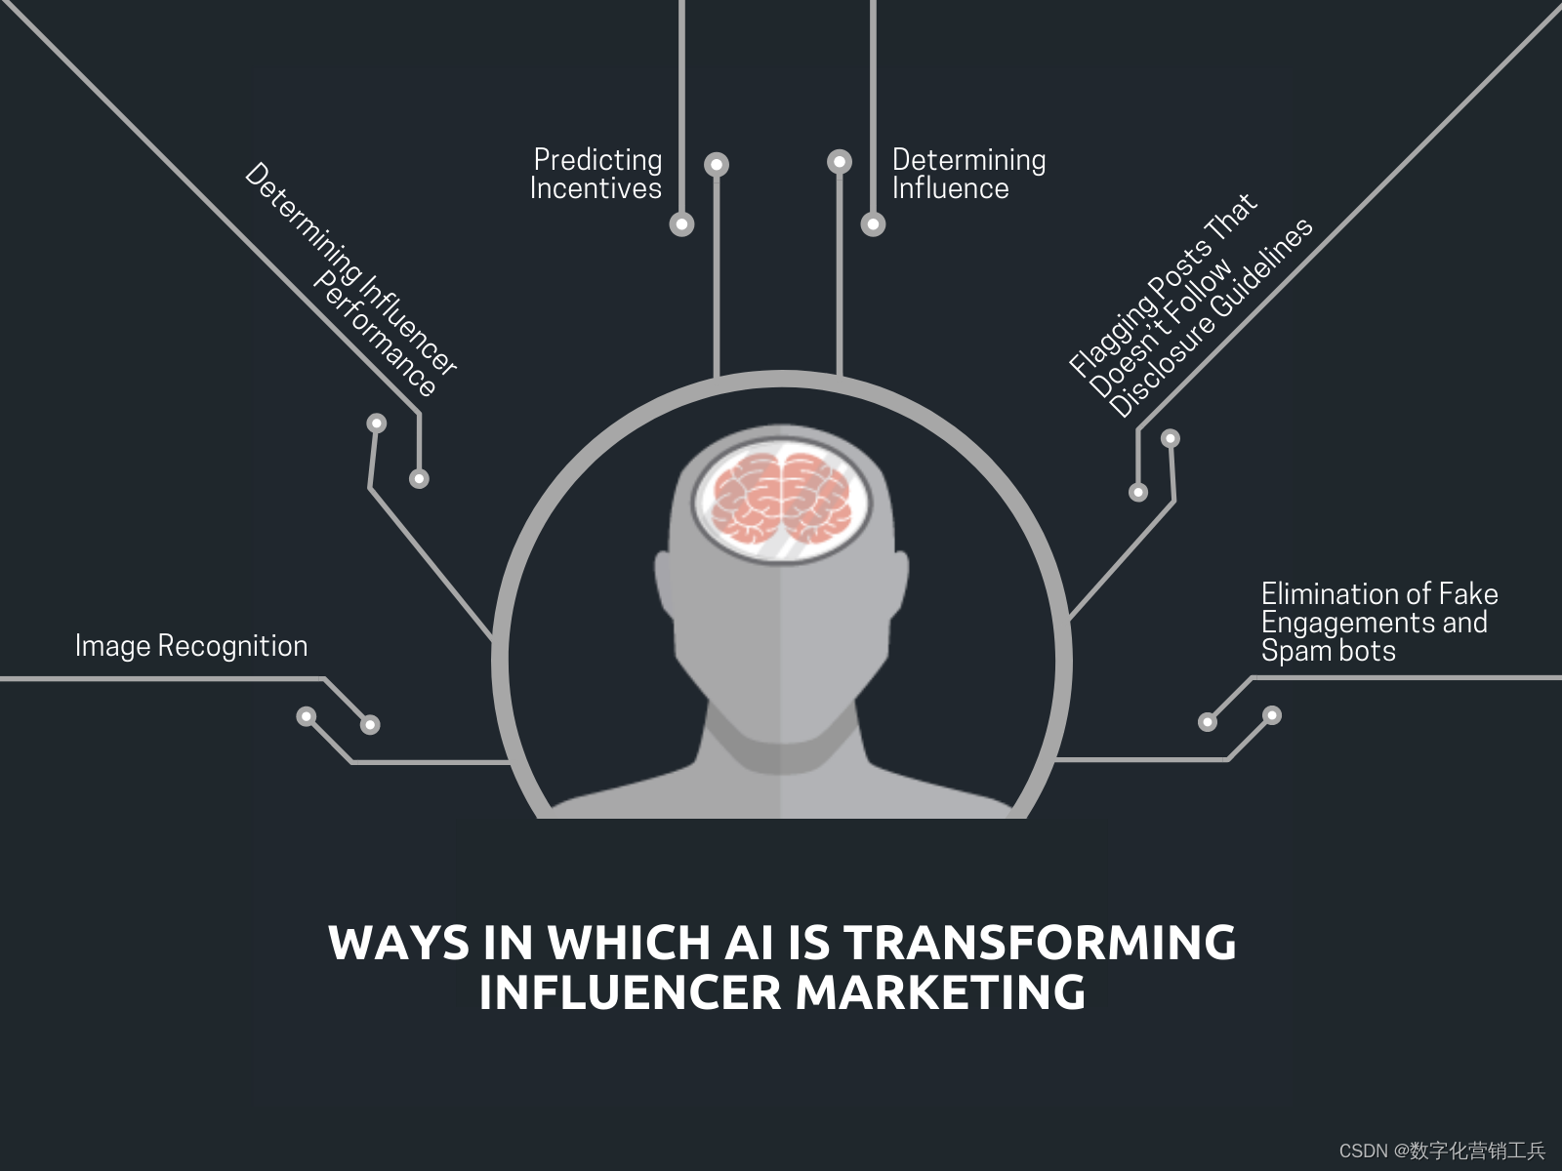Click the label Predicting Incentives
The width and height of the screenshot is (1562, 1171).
click(596, 174)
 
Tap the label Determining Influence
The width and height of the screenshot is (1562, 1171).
click(968, 174)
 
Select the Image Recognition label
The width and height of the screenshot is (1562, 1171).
click(191, 646)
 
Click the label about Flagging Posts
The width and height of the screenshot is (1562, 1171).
click(1191, 306)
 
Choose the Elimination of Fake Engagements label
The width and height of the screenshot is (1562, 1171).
click(1377, 623)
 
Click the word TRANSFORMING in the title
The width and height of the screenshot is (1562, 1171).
click(1041, 944)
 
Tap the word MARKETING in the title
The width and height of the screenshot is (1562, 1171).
click(940, 993)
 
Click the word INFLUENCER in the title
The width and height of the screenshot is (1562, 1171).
click(631, 993)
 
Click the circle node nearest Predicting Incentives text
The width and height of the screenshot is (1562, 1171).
click(682, 224)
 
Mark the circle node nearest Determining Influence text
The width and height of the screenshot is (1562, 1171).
click(873, 224)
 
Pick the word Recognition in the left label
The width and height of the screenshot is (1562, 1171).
click(232, 646)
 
